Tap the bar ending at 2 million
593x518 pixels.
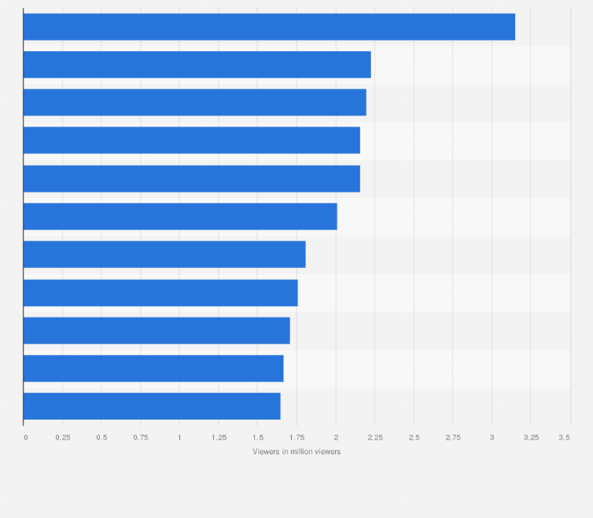(180, 216)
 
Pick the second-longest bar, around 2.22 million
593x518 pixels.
(197, 64)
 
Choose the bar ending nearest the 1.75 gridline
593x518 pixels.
(160, 292)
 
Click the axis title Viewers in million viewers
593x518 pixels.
(296, 452)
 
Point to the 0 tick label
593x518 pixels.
(25, 437)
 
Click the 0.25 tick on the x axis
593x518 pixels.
(63, 437)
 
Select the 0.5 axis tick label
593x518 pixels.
(101, 437)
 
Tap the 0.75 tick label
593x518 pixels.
(141, 437)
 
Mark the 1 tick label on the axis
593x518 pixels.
(179, 437)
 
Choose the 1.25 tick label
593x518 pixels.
(219, 437)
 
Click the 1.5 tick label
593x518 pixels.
(257, 437)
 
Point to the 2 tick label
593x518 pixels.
(336, 437)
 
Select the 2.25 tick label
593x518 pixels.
(375, 437)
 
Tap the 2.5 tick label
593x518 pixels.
(414, 437)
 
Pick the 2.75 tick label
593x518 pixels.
(453, 437)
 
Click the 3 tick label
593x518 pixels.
(492, 437)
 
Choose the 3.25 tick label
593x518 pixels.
(531, 437)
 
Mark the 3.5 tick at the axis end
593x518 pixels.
(565, 437)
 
